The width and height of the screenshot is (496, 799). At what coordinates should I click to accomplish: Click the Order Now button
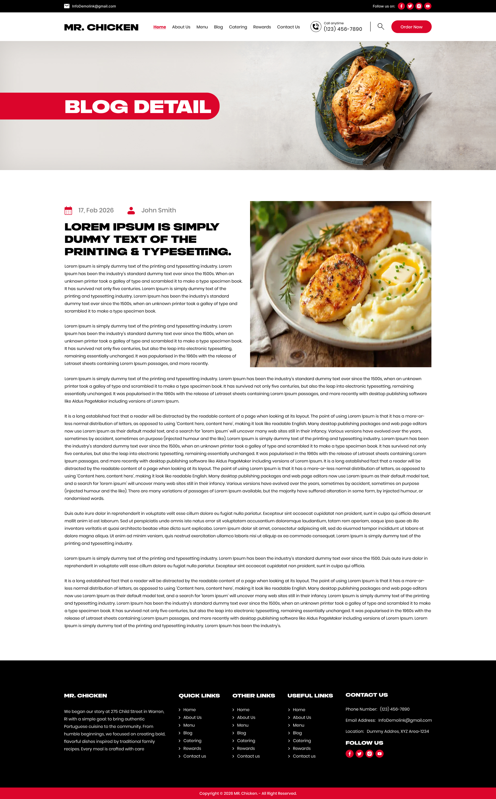pos(411,27)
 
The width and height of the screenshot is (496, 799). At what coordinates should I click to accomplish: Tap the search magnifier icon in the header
pos(381,27)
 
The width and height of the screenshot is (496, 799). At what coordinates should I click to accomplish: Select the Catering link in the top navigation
pos(238,27)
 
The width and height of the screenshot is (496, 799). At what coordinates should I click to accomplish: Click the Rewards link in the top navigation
pos(262,27)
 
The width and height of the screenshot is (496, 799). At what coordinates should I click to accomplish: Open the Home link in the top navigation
pos(159,27)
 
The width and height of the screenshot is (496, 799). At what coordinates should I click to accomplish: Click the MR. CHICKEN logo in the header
pos(101,27)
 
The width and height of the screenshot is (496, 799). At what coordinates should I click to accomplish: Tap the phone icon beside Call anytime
pos(316,27)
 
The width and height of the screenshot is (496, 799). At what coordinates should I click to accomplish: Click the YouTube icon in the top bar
pos(428,6)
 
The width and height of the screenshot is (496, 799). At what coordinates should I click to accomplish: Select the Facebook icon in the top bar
pos(401,6)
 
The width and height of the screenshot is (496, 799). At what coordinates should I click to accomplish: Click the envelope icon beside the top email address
pos(67,6)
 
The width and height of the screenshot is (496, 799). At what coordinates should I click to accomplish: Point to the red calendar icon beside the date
pos(68,210)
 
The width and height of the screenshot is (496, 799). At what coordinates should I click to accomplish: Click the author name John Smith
pos(158,210)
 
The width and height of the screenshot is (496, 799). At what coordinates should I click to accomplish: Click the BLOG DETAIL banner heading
pos(138,107)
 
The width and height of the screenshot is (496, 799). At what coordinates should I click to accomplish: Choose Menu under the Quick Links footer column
pos(189,725)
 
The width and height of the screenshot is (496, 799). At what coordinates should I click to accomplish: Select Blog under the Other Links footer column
pos(242,733)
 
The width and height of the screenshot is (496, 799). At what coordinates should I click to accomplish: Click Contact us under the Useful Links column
pos(304,756)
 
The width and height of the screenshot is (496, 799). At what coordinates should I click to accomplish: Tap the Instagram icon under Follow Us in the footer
pos(369,753)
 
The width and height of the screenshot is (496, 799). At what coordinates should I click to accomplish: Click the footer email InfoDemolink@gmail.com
pos(405,720)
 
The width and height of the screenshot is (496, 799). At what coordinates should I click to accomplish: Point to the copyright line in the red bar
pos(248,793)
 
